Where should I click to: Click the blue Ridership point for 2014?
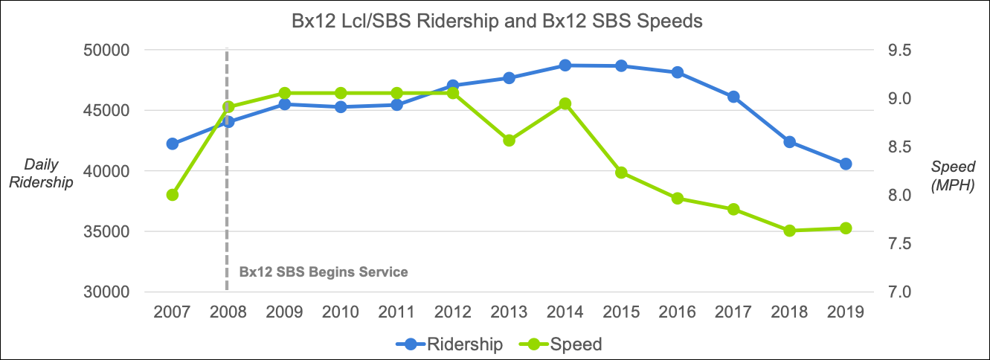pyautogui.click(x=565, y=65)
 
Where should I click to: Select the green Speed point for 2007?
pyautogui.click(x=173, y=195)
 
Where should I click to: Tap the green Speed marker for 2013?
pyautogui.click(x=510, y=141)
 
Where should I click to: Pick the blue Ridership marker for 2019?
pyautogui.click(x=846, y=164)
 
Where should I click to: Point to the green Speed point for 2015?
pyautogui.click(x=621, y=173)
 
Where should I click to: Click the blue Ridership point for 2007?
pyautogui.click(x=173, y=144)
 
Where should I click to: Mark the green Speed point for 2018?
pyautogui.click(x=790, y=231)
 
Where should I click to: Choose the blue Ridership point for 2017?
pyautogui.click(x=733, y=97)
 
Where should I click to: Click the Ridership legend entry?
pyautogui.click(x=449, y=344)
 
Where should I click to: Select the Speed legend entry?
pyautogui.click(x=560, y=344)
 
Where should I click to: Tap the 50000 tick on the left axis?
pyautogui.click(x=106, y=50)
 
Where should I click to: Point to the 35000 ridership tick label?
pyautogui.click(x=106, y=231)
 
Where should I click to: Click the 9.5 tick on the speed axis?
pyautogui.click(x=900, y=50)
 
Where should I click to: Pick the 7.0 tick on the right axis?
pyautogui.click(x=900, y=292)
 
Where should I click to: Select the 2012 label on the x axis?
pyautogui.click(x=452, y=312)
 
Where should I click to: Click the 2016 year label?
pyautogui.click(x=677, y=312)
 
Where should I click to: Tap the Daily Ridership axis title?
pyautogui.click(x=41, y=173)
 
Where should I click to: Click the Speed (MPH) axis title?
pyautogui.click(x=952, y=176)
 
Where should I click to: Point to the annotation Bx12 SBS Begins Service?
pyautogui.click(x=324, y=271)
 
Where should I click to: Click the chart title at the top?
pyautogui.click(x=497, y=22)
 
